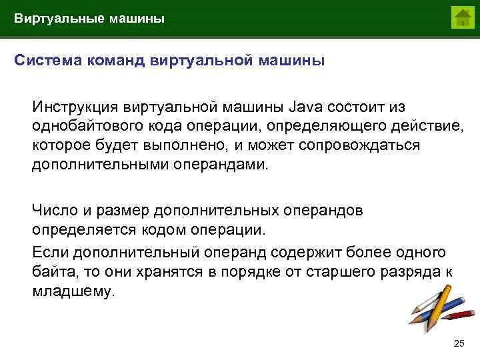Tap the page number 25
458,343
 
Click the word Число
54,211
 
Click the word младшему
73,291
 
